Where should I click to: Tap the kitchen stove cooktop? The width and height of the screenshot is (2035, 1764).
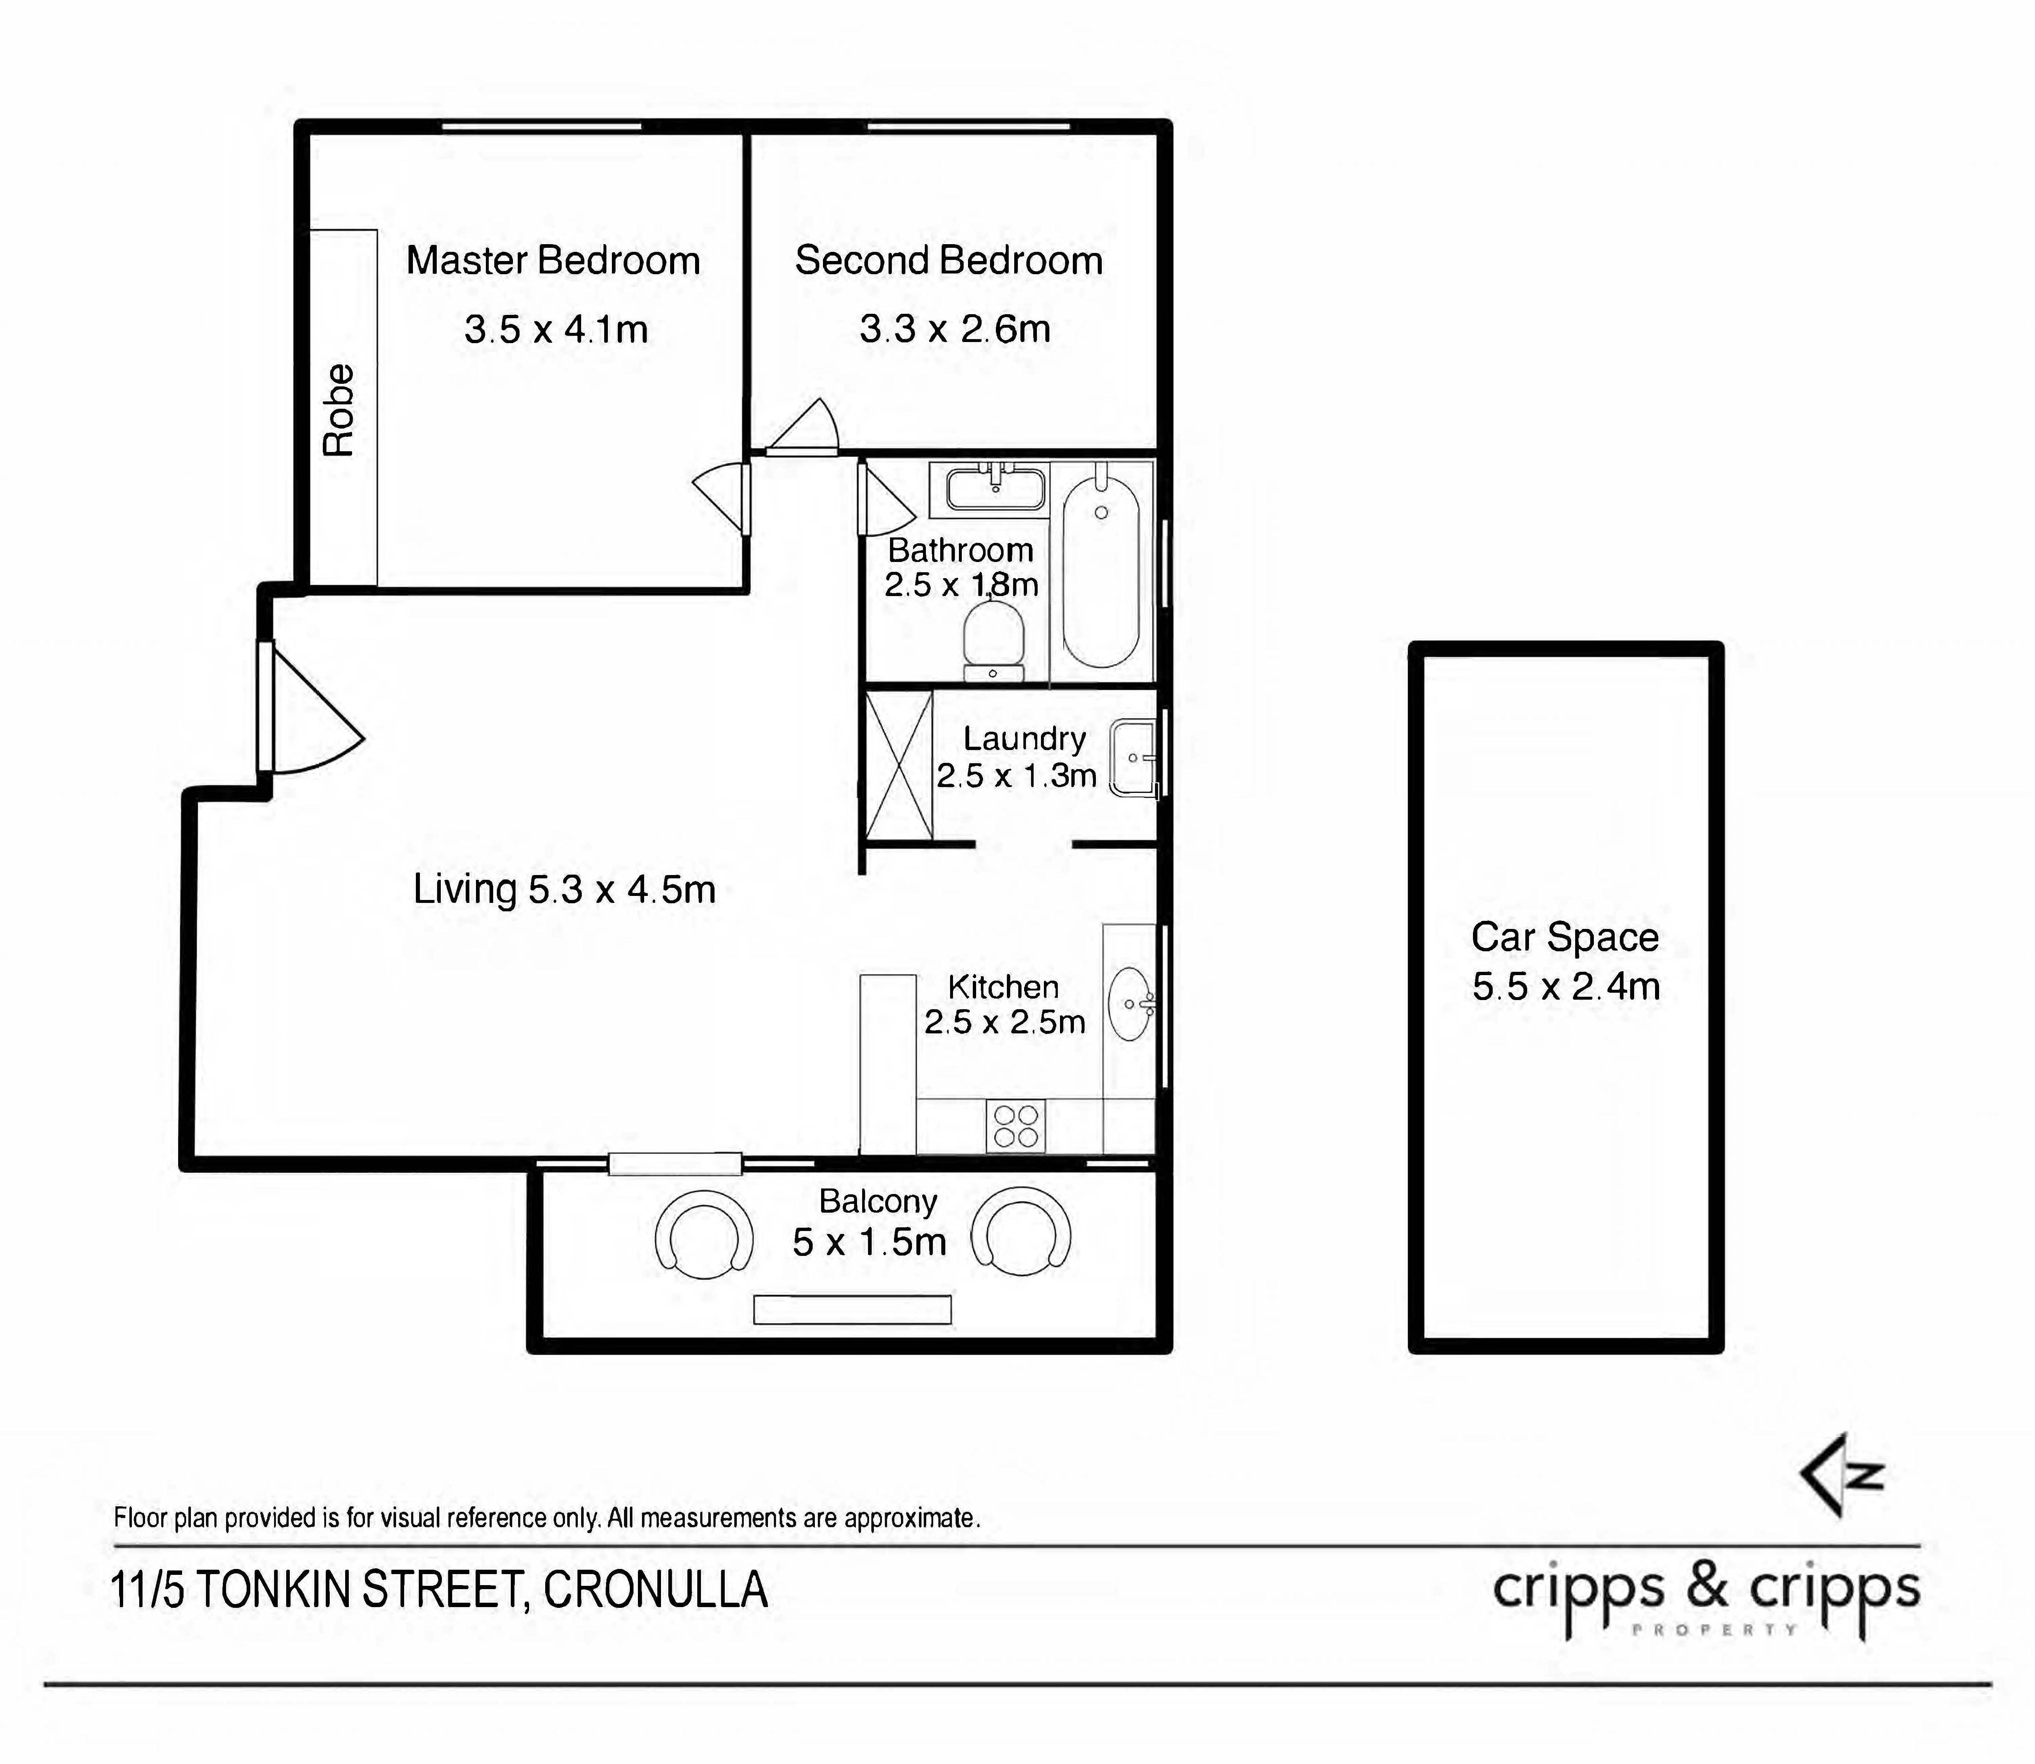click(x=1016, y=1125)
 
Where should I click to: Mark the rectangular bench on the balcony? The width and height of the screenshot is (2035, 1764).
click(x=852, y=1309)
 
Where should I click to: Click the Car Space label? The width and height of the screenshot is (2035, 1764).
click(x=1565, y=937)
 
